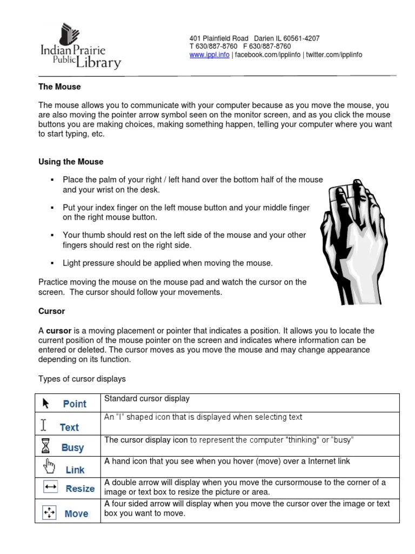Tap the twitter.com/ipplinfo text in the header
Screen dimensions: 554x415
334,55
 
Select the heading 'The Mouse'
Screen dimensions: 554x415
59,87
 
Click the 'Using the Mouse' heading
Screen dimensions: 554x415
71,162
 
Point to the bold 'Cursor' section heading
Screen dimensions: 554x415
52,311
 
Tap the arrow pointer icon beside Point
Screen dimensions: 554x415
46,403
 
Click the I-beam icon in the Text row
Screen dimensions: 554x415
44,423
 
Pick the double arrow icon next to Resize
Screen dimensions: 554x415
51,488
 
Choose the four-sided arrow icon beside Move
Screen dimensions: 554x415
49,512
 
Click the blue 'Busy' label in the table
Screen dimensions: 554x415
72,447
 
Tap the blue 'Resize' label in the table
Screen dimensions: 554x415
80,489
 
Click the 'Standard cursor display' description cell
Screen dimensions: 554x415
147,399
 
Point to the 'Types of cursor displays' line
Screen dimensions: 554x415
82,378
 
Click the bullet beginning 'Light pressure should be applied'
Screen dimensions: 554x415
168,263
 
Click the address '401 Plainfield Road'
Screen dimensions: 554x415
219,38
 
